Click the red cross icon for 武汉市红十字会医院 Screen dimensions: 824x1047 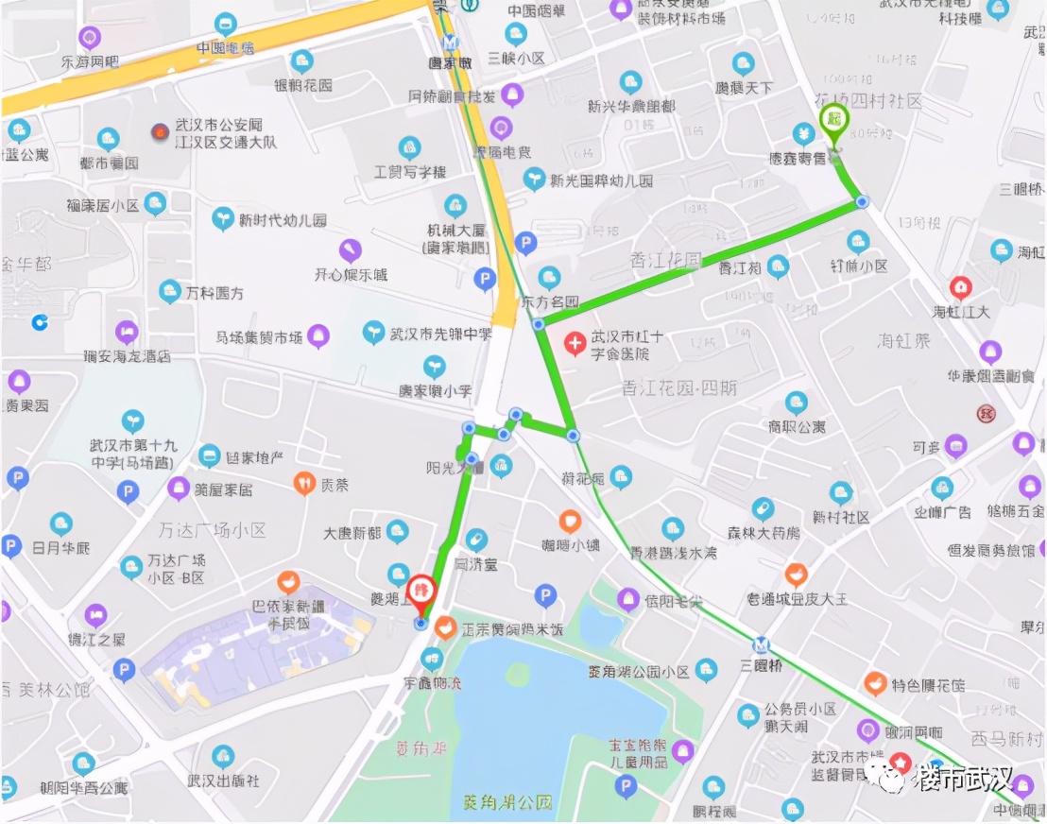click(575, 343)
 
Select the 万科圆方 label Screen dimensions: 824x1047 click(215, 294)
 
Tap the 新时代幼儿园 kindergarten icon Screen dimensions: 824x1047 click(223, 219)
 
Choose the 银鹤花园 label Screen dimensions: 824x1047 click(303, 85)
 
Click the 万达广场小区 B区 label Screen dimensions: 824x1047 click(176, 569)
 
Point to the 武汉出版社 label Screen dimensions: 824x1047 click(223, 781)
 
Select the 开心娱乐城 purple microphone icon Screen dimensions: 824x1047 click(352, 250)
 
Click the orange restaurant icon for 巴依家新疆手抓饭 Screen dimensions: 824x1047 click(288, 582)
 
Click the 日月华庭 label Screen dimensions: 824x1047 click(61, 547)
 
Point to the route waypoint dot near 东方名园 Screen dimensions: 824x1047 click(538, 324)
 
